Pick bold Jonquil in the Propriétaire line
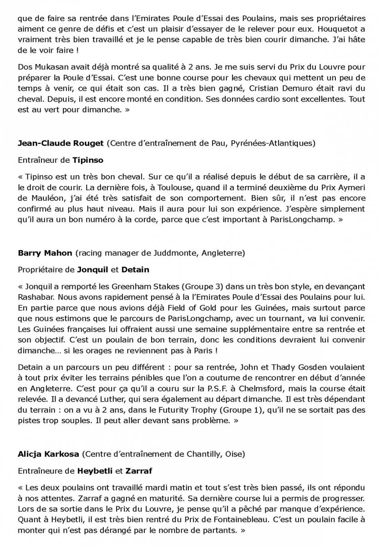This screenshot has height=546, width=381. tap(94, 269)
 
